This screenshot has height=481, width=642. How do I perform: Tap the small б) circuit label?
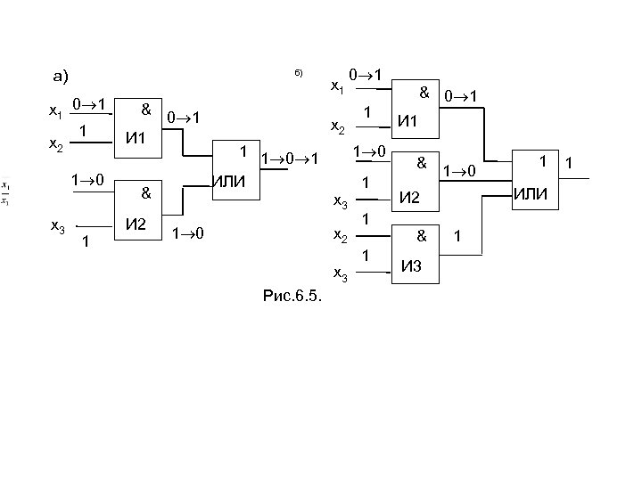tap(300, 72)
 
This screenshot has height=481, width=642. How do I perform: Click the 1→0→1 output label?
tap(289, 161)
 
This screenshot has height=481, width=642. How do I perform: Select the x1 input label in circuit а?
tap(54, 113)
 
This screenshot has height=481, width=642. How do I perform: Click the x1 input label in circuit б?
tap(337, 87)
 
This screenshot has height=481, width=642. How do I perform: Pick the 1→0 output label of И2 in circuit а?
tap(188, 234)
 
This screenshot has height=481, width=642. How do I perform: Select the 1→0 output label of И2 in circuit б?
tap(462, 168)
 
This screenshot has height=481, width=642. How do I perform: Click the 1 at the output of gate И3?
tap(457, 237)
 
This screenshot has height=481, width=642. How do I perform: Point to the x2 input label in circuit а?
tap(54, 145)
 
